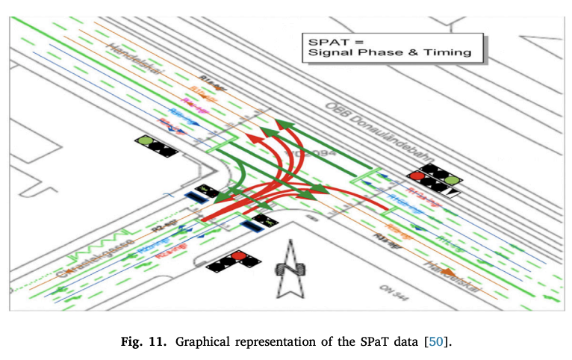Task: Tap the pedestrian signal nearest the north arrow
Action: [x=263, y=220]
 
